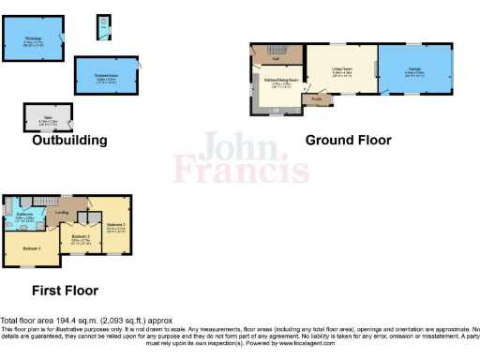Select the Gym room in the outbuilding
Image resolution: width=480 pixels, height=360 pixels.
(x=43, y=118)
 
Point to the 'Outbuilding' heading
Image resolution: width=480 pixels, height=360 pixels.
(x=69, y=141)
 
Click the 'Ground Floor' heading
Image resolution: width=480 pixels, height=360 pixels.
(x=348, y=140)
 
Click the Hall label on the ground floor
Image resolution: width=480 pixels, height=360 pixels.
(x=276, y=59)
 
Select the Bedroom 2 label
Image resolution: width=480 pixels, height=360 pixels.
(x=116, y=226)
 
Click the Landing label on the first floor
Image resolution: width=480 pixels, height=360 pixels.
(x=62, y=211)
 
